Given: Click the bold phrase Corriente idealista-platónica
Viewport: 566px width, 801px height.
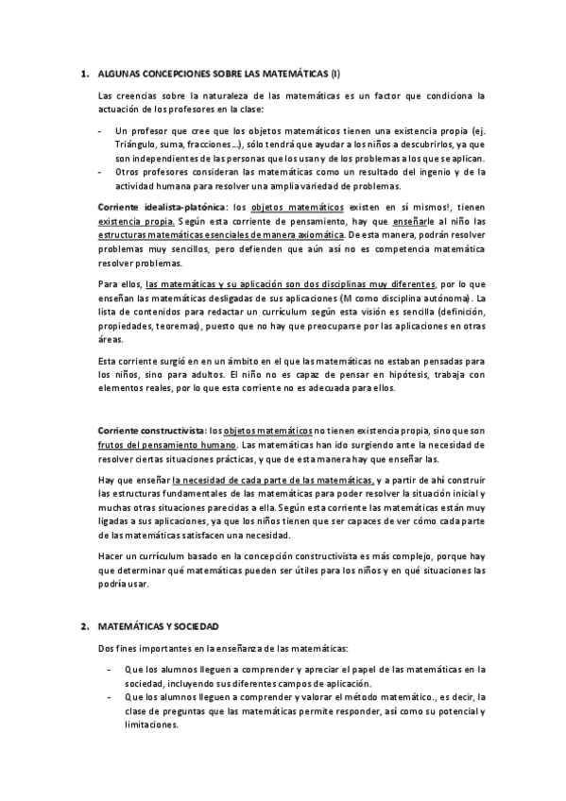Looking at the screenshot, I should pyautogui.click(x=163, y=206).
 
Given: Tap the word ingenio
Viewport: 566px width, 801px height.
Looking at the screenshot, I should pyautogui.click(x=420, y=171).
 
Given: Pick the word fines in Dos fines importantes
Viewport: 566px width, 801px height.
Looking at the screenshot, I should pyautogui.click(x=132, y=648).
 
